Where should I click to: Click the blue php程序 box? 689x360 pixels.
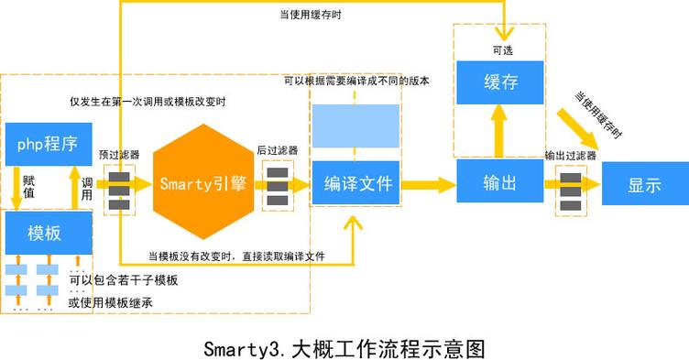click(x=47, y=143)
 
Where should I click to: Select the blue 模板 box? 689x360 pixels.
click(x=47, y=232)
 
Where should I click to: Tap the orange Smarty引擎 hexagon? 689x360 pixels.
click(x=202, y=183)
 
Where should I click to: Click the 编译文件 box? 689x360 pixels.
click(x=358, y=183)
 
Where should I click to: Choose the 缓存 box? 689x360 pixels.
click(x=501, y=82)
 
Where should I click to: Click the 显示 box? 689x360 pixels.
click(x=644, y=183)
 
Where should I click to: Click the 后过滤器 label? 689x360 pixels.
click(x=277, y=149)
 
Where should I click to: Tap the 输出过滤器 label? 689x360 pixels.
click(x=570, y=155)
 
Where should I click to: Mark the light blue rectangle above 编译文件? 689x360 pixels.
click(x=355, y=125)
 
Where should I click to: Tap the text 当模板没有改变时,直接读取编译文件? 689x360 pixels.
click(x=236, y=256)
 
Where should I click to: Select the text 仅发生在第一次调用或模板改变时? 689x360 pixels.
click(x=148, y=101)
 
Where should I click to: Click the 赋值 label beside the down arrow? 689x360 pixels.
click(x=28, y=188)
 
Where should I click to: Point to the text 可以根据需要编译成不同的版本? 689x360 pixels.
click(x=356, y=81)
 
